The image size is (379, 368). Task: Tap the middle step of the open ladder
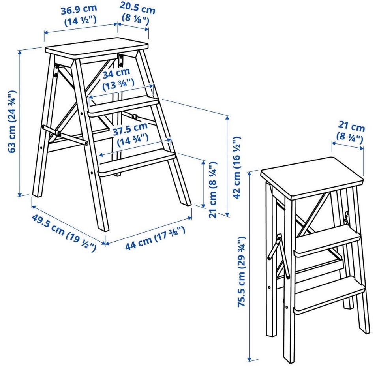point(123,106)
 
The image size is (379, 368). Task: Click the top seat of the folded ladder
point(312,178)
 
